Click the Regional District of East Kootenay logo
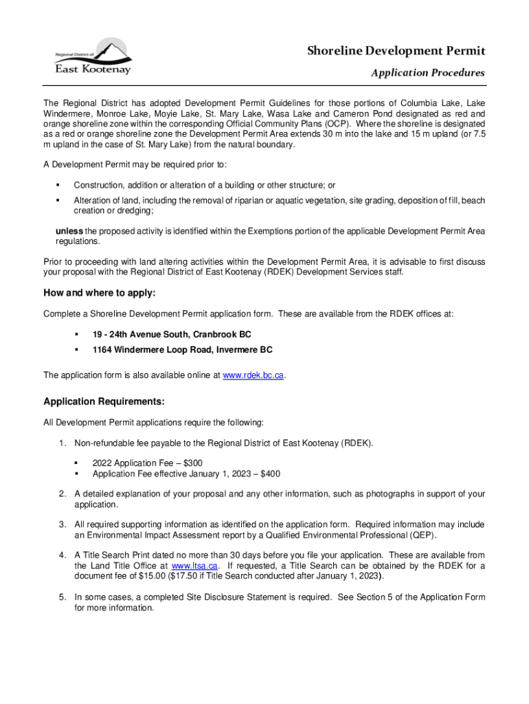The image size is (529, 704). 92,56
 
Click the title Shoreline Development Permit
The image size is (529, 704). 396,51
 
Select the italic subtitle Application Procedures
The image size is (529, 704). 427,73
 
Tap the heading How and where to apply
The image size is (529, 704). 100,294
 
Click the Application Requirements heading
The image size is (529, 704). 104,401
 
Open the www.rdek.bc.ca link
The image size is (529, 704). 254,375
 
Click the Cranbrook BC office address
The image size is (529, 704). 172,334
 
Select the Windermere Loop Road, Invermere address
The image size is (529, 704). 182,350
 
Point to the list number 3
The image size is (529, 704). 62,525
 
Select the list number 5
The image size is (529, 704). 62,597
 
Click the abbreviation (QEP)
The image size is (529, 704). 422,535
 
